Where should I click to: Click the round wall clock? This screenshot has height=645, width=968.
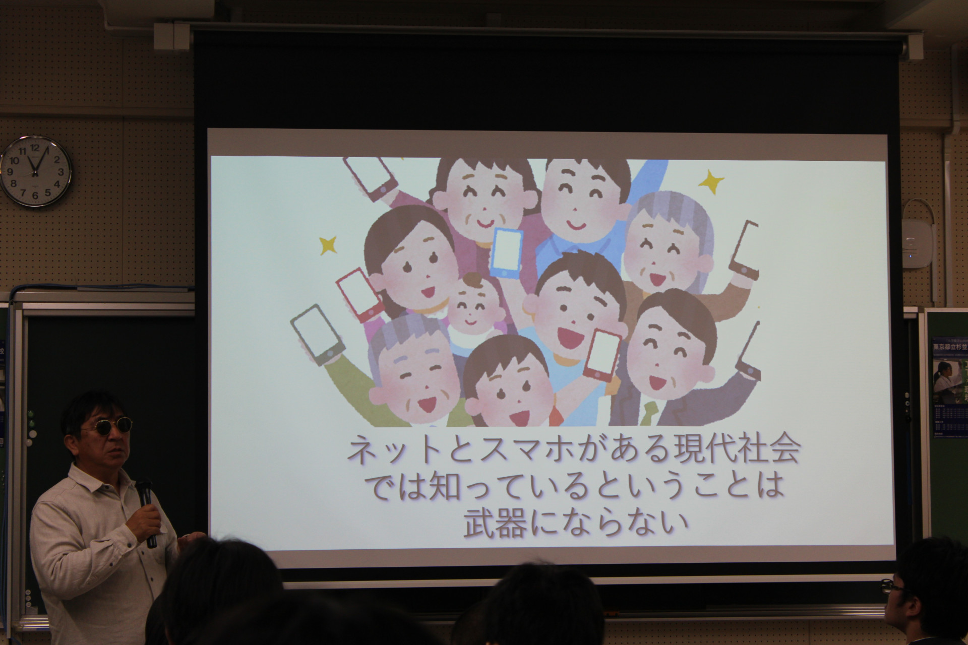click(x=35, y=171)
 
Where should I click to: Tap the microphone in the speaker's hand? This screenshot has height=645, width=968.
click(x=146, y=509)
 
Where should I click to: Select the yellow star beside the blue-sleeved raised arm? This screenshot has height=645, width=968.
click(x=711, y=180)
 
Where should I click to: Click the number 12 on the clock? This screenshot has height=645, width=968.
click(x=35, y=148)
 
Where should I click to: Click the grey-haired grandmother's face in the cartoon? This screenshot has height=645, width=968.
click(x=655, y=252)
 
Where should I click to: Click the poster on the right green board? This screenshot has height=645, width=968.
click(x=949, y=388)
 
